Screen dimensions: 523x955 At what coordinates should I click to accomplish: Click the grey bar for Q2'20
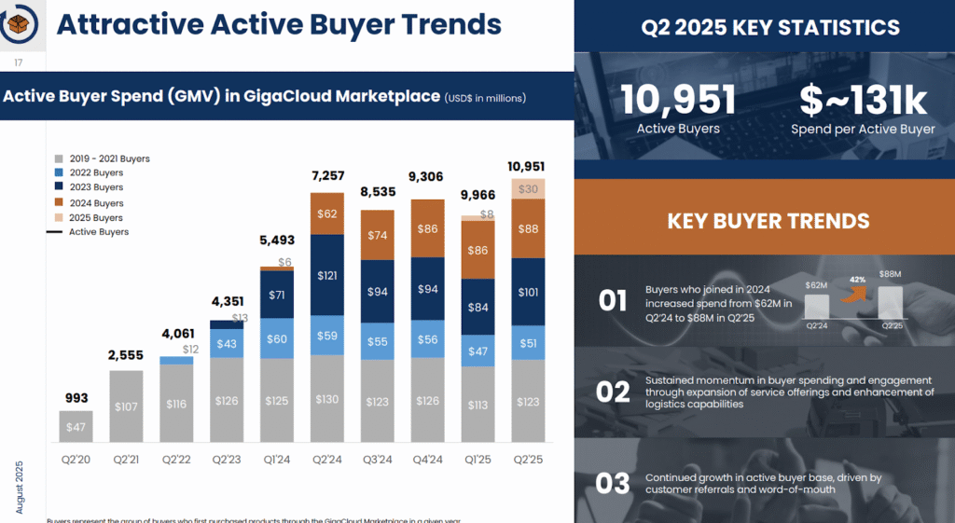(x=76, y=426)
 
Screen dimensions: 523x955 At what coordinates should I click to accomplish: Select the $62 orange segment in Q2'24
(x=326, y=213)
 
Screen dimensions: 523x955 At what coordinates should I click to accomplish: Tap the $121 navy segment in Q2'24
(x=326, y=275)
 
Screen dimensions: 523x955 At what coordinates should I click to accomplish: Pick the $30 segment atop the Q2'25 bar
(x=528, y=188)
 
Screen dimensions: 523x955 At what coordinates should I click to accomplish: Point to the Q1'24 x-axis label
(x=276, y=459)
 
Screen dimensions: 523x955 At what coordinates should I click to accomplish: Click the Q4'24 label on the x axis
(x=427, y=459)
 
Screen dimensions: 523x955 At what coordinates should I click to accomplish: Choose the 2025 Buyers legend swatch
(x=58, y=217)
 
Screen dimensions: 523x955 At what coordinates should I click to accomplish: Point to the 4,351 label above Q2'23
(x=228, y=302)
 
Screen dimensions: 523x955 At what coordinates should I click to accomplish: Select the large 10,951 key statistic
(x=677, y=100)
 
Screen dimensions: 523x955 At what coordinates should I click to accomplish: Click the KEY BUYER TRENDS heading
(x=768, y=221)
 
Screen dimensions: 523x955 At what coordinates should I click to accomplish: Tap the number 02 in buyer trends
(x=613, y=392)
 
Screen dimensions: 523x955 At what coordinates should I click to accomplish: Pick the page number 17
(x=18, y=62)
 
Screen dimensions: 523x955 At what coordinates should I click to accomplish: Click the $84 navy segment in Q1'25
(x=477, y=308)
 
